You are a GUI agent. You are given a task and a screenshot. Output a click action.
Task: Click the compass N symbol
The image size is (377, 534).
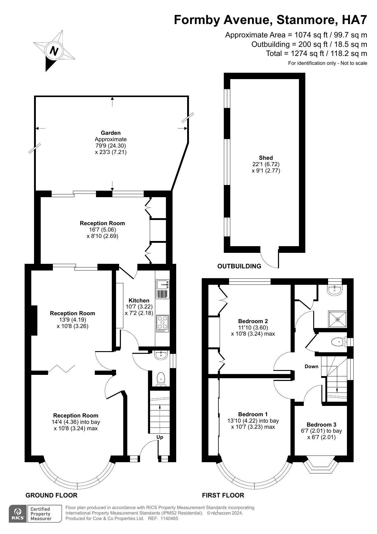coord(54,51)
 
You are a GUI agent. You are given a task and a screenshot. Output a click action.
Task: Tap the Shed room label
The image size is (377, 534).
coord(266,158)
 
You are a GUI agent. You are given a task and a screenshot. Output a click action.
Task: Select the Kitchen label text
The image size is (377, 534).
coord(139,300)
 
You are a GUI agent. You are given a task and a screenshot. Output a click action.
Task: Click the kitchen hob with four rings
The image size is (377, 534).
coord(163,323)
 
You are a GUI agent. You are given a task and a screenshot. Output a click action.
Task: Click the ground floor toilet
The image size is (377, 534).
coord(161,379)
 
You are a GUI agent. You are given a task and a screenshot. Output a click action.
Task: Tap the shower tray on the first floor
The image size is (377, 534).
coord(338,319)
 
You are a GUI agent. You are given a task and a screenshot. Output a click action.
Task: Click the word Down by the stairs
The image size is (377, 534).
coord(311,366)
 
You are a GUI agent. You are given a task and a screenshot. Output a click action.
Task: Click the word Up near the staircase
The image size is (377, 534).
coord(160,437)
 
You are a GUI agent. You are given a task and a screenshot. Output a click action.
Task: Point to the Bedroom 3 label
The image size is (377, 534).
coord(321,424)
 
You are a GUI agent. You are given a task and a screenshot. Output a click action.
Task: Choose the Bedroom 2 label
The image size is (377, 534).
coord(253,321)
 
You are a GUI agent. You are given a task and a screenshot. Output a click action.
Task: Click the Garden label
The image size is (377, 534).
coord(111,133)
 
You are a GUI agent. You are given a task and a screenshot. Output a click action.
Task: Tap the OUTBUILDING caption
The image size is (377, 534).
coord(239,266)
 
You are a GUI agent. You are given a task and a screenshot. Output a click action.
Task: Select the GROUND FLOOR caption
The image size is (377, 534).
coord(51,495)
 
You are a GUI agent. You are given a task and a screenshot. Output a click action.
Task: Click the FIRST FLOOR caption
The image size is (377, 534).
coord(223,495)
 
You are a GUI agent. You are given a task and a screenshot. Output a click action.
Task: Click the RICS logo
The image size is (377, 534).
coord(18,514)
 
